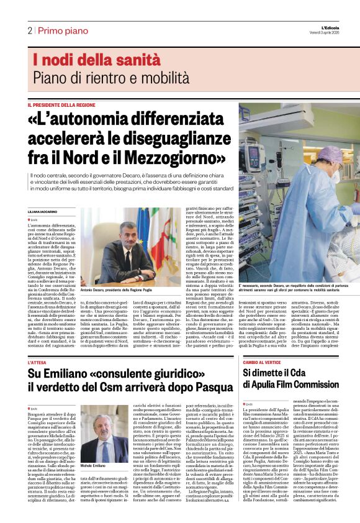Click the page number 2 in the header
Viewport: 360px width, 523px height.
(30, 30)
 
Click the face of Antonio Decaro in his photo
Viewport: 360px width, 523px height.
(128, 234)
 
